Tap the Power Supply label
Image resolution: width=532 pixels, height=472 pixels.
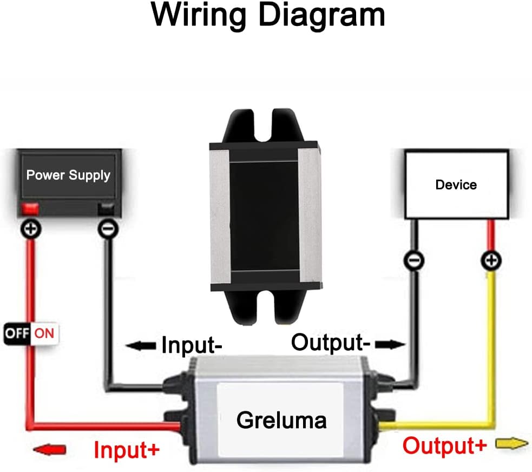tap(68, 175)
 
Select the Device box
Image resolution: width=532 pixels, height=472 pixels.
tap(456, 185)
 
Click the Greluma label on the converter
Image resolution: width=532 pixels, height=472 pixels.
tap(282, 419)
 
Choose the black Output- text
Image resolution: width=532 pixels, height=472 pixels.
tap(331, 342)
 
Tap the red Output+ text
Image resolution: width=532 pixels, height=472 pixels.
tap(445, 446)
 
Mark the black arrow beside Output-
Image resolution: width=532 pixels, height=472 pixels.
tap(390, 344)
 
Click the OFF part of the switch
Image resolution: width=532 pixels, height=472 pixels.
tap(18, 333)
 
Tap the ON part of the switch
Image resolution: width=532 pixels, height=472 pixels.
tap(44, 333)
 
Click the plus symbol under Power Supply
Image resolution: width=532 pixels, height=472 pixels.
tap(31, 230)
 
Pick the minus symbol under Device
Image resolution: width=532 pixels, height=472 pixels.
tap(414, 261)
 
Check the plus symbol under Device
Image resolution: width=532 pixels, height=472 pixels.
tap(490, 261)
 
